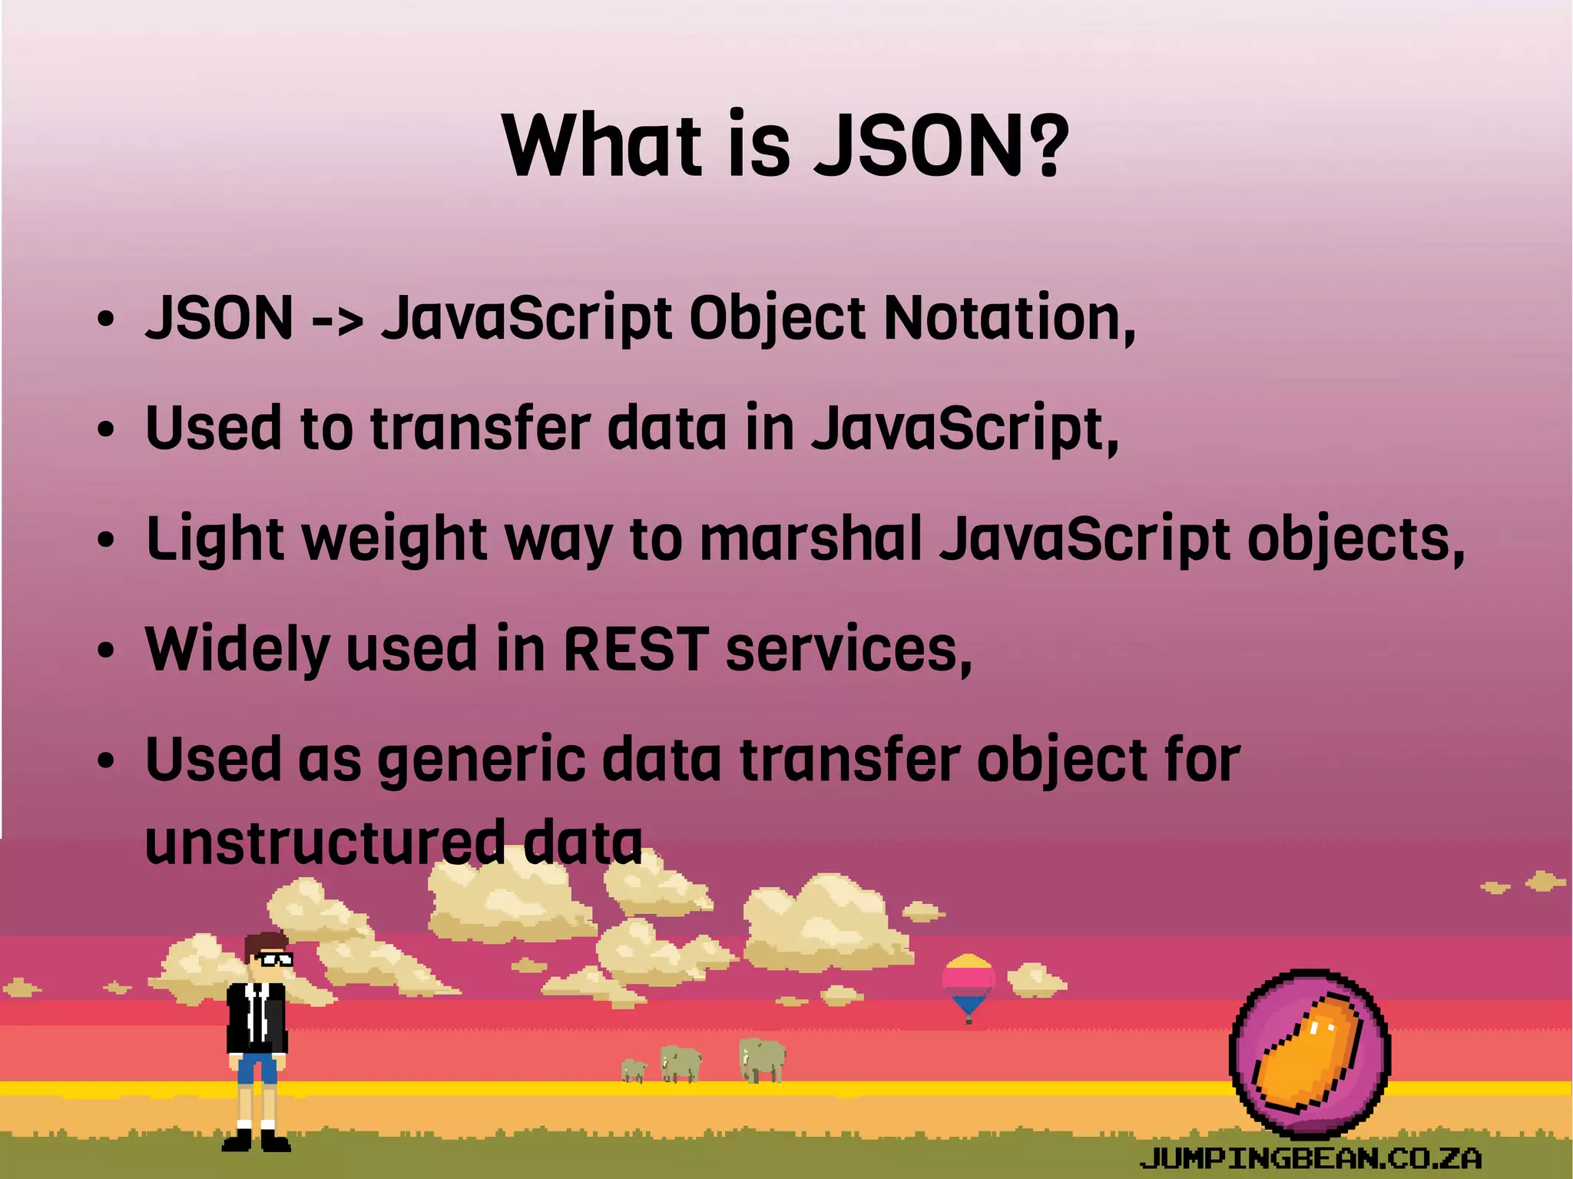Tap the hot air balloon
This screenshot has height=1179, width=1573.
click(969, 984)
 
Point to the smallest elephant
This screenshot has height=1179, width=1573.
click(634, 1069)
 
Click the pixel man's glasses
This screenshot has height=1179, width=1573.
click(272, 959)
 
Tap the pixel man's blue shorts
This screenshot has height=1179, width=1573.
click(257, 1068)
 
